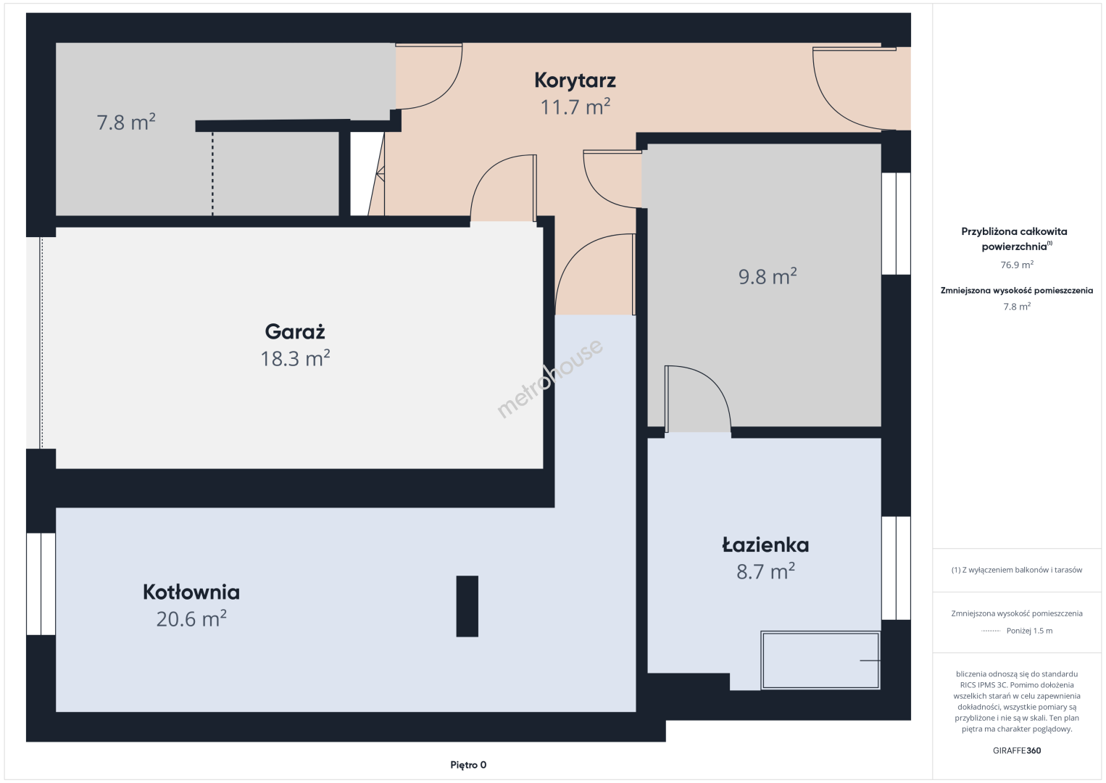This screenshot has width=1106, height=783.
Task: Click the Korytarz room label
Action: (575, 80)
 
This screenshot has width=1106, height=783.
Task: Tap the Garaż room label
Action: (295, 331)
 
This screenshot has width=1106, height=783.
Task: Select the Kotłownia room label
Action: (191, 592)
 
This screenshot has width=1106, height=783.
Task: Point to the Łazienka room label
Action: (765, 545)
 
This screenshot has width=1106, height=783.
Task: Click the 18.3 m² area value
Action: (295, 358)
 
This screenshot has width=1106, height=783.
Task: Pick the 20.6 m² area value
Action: (191, 618)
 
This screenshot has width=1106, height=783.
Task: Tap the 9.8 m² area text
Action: (768, 276)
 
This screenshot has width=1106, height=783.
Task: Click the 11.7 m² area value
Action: (575, 107)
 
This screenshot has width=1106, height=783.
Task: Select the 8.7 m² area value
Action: (765, 571)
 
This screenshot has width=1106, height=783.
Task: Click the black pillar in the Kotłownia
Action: (467, 606)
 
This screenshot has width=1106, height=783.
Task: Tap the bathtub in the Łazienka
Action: (820, 660)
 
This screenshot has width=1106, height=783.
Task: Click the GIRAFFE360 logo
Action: (1017, 750)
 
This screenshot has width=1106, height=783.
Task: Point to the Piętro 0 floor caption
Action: (468, 765)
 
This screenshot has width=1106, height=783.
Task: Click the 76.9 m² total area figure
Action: (1017, 265)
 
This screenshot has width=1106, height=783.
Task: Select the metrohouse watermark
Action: (549, 378)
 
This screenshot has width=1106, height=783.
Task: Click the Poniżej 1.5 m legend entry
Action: (1029, 630)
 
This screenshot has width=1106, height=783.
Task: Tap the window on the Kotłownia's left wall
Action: (41, 584)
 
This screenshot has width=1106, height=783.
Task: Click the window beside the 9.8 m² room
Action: (896, 223)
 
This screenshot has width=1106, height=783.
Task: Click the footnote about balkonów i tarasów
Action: (1017, 570)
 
